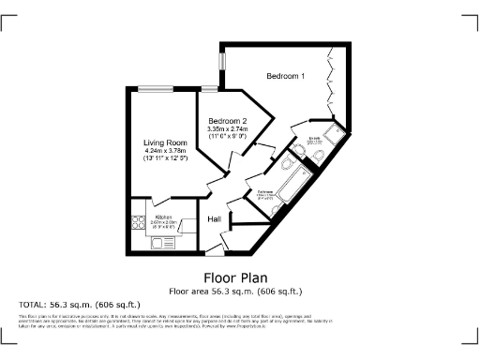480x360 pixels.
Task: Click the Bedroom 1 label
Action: pyautogui.click(x=285, y=76)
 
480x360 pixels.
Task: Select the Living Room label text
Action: pyautogui.click(x=165, y=142)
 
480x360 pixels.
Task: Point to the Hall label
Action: pyautogui.click(x=214, y=218)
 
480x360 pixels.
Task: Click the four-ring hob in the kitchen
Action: pyautogui.click(x=137, y=222)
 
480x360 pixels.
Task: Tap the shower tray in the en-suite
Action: pyautogui.click(x=337, y=134)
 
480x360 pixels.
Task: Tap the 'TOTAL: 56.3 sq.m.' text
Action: pyautogui.click(x=80, y=305)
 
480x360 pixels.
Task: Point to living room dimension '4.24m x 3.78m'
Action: pyautogui.click(x=165, y=152)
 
